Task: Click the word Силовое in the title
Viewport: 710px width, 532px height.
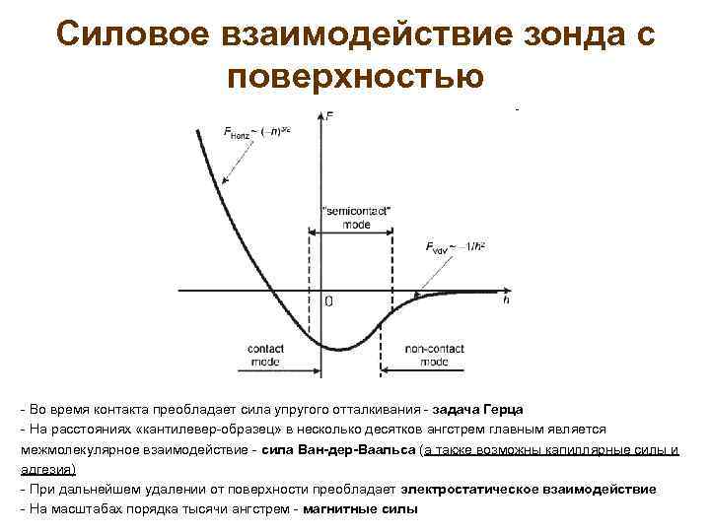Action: click(116, 33)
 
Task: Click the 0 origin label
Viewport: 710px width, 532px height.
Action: click(328, 301)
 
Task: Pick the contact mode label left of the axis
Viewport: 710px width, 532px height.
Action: click(263, 356)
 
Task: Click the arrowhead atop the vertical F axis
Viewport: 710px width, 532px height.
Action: click(324, 115)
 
